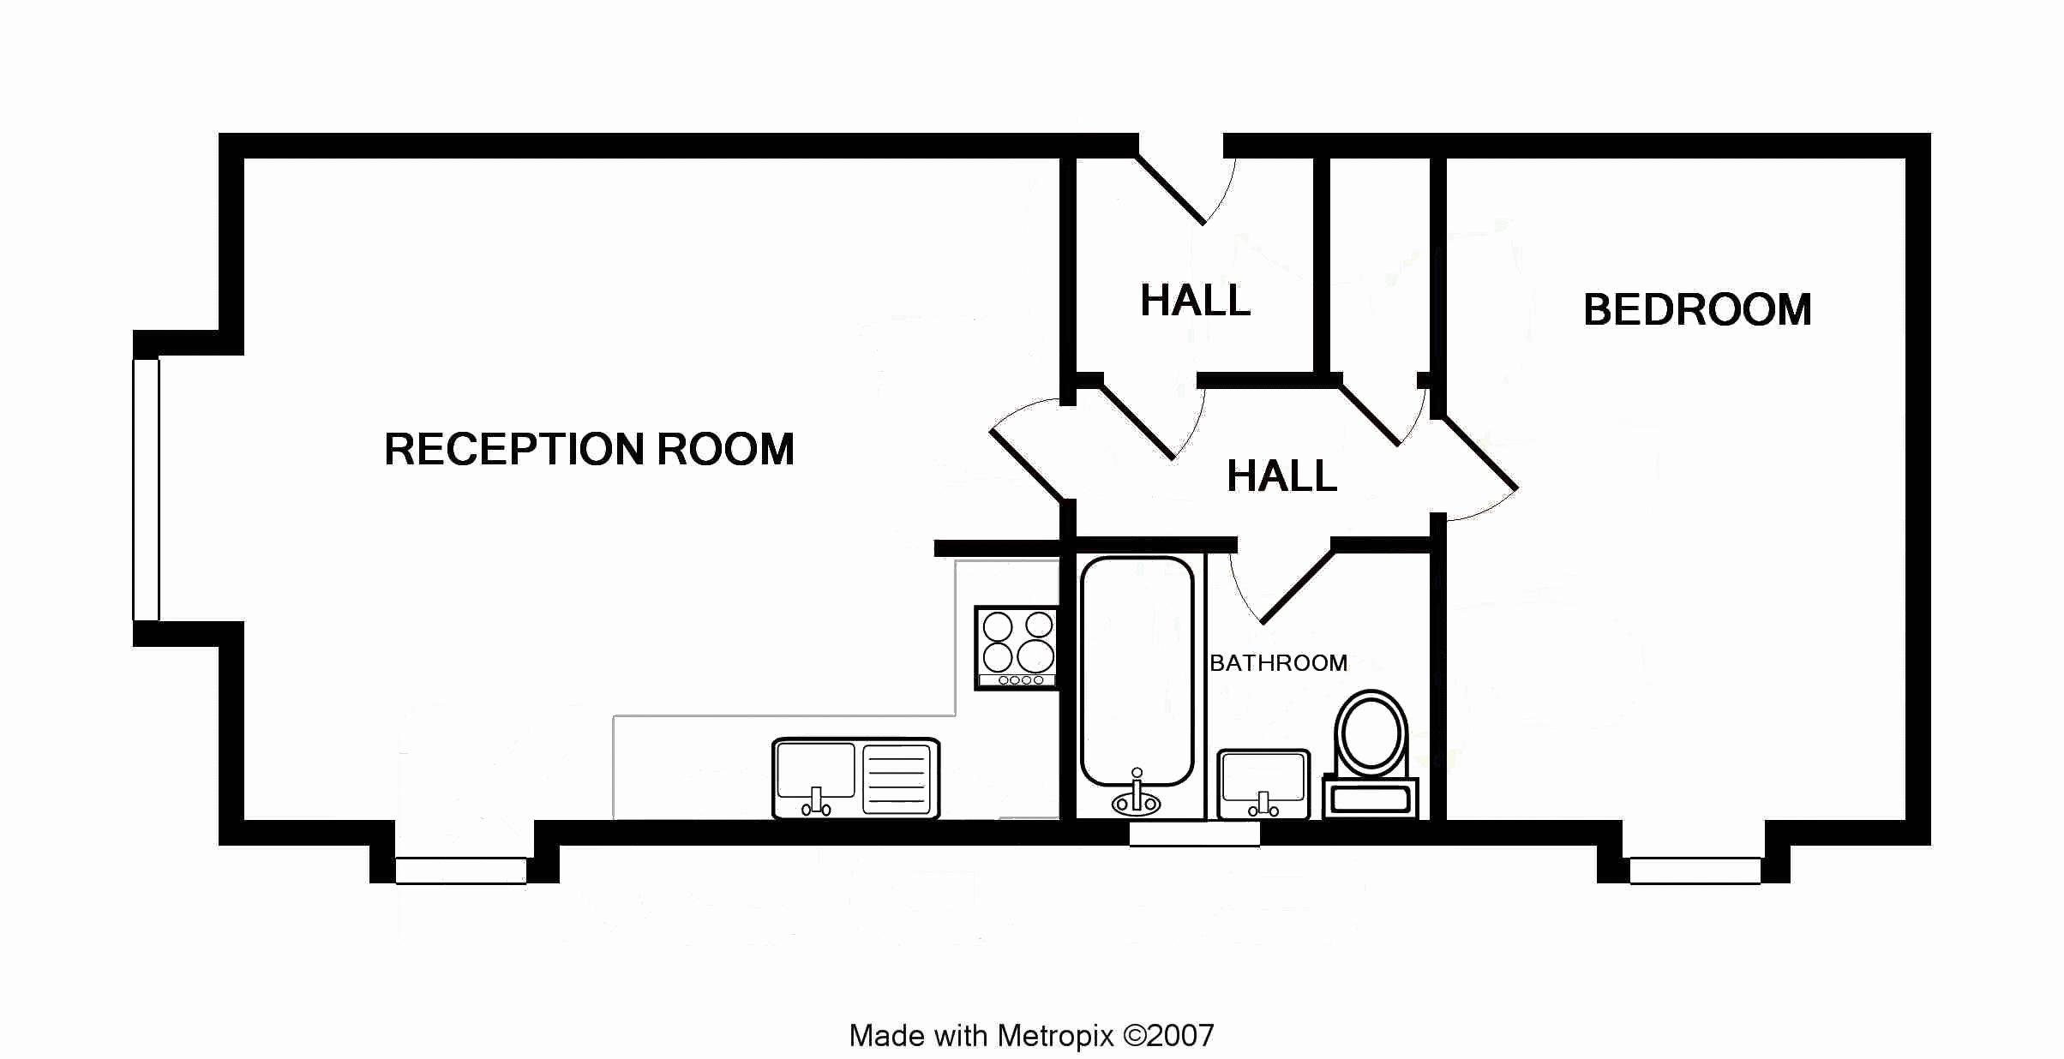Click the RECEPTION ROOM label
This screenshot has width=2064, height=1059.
(x=589, y=450)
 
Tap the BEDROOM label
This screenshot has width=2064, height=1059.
(x=1696, y=310)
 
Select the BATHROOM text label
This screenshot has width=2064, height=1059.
(x=1278, y=663)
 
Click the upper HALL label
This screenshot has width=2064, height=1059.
(x=1195, y=301)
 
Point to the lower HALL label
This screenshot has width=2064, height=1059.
(x=1281, y=476)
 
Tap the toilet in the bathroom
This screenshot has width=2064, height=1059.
(x=1371, y=737)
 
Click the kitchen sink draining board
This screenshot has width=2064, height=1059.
(x=897, y=778)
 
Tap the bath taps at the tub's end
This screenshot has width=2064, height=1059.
(x=1137, y=797)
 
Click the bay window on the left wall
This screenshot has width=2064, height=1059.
(x=146, y=488)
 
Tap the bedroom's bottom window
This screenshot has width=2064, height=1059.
(x=1695, y=871)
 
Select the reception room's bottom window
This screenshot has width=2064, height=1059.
(x=461, y=871)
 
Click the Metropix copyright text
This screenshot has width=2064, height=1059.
(x=1031, y=1036)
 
